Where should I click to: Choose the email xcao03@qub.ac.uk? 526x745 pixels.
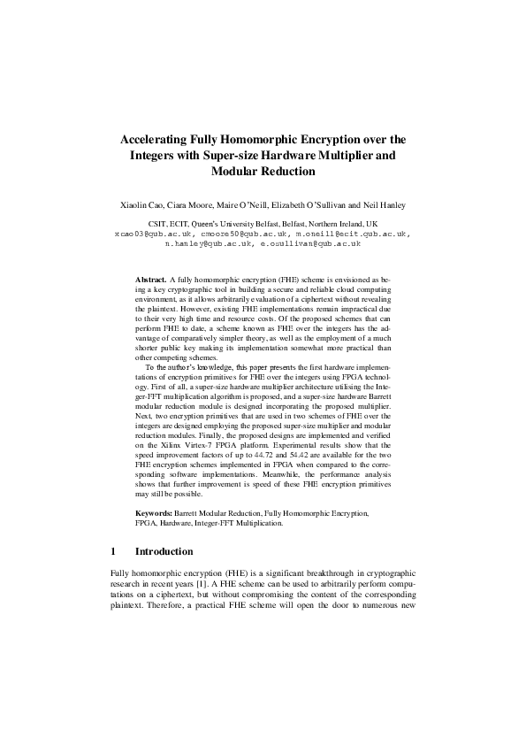point(146,234)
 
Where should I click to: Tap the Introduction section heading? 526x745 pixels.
point(164,551)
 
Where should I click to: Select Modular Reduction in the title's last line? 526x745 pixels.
point(263,172)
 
